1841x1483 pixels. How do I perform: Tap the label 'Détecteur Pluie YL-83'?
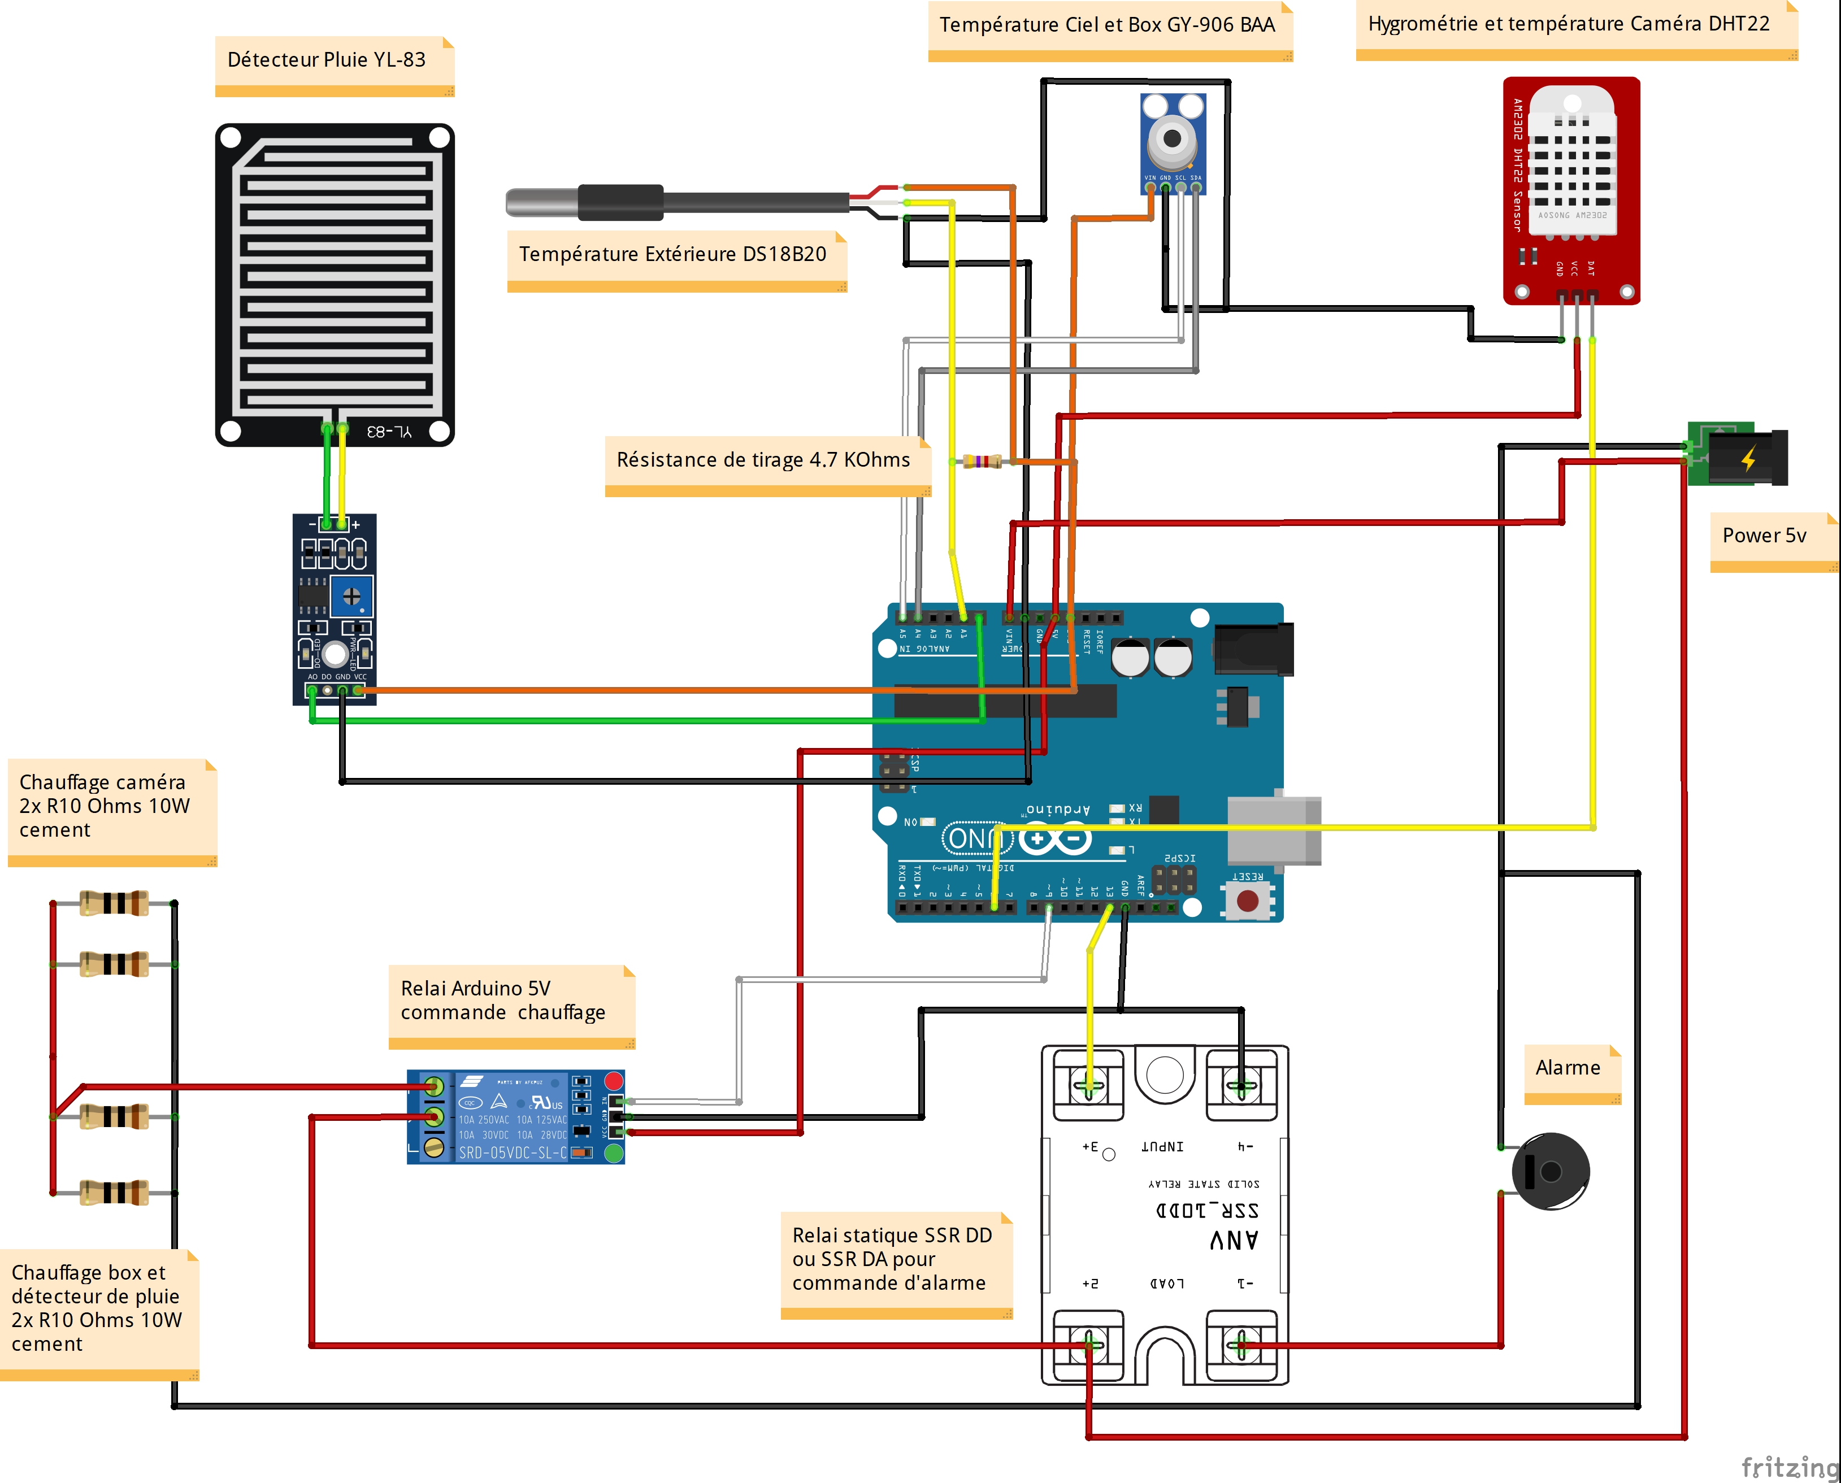(x=327, y=60)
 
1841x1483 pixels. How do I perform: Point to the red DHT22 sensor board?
(x=1570, y=190)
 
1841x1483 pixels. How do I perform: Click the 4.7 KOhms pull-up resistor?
(x=982, y=462)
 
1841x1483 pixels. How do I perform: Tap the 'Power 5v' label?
(x=1764, y=536)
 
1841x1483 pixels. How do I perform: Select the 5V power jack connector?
(x=1739, y=454)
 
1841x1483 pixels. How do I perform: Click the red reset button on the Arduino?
(x=1247, y=901)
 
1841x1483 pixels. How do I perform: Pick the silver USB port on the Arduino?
(x=1273, y=830)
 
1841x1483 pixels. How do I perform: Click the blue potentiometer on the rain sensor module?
(x=351, y=596)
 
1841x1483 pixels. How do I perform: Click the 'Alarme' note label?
(x=1568, y=1068)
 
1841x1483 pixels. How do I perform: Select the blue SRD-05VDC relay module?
(x=515, y=1116)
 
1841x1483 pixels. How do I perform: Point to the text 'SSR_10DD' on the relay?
(x=1206, y=1211)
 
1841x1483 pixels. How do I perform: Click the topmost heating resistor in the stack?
(x=114, y=903)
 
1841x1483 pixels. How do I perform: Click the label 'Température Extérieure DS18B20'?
(x=672, y=255)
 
